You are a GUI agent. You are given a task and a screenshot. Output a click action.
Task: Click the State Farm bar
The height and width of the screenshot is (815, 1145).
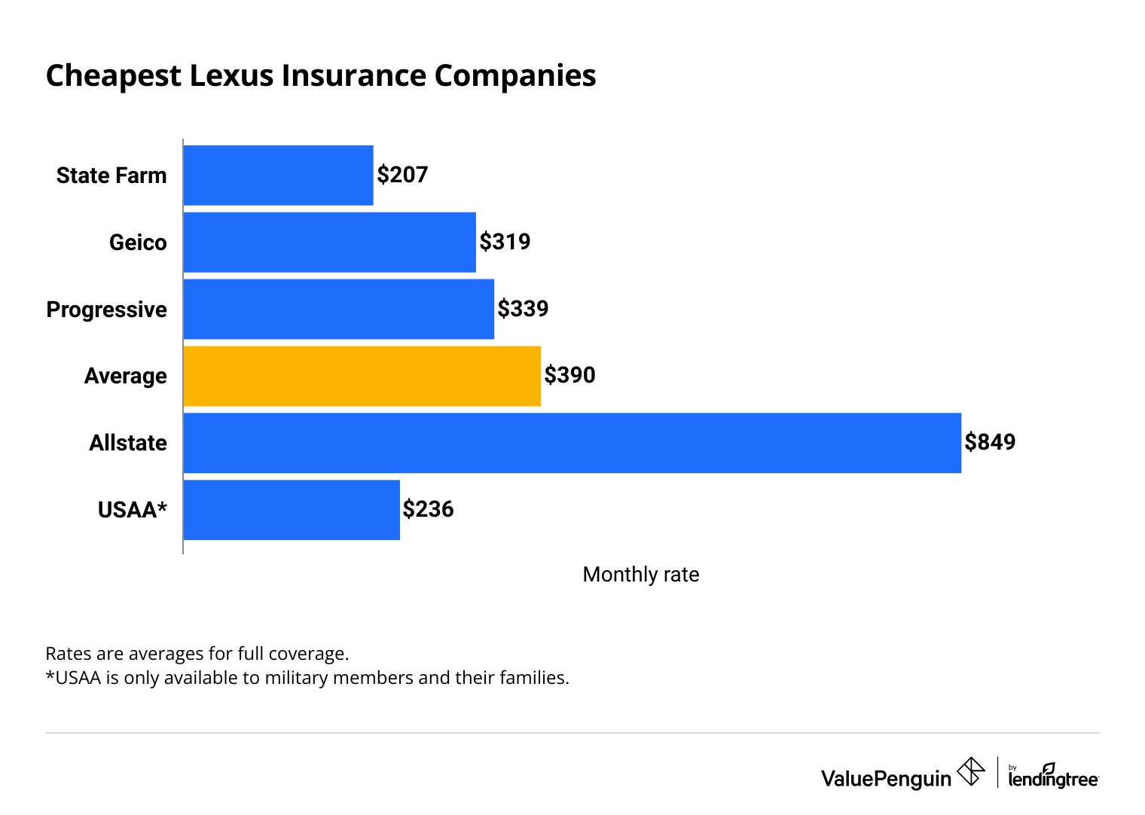[278, 176]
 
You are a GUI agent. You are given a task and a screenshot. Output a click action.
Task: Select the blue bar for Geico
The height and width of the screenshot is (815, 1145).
[329, 243]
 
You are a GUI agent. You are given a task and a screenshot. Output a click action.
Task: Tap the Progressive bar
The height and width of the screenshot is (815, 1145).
[338, 310]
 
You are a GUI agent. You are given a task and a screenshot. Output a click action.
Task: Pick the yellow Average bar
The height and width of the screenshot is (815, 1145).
[362, 376]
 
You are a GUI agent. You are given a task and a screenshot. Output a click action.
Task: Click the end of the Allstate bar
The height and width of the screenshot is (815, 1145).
[954, 443]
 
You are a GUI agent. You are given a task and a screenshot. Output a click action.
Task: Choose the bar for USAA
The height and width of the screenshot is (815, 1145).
[291, 510]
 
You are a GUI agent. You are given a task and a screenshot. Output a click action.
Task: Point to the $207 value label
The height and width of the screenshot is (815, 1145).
[402, 175]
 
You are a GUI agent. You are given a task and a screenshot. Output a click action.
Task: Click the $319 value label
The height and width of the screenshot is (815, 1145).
[505, 242]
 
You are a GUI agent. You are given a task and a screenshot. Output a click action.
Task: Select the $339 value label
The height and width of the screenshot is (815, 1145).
[523, 309]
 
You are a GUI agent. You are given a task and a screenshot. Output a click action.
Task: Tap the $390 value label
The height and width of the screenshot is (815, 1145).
[569, 375]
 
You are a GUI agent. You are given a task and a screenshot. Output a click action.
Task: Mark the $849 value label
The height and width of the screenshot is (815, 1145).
[990, 442]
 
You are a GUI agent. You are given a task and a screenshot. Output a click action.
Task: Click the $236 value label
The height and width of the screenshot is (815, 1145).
[428, 509]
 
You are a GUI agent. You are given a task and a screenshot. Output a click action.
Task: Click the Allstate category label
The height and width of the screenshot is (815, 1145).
[128, 443]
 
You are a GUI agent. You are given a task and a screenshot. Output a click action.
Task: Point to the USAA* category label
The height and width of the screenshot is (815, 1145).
[133, 510]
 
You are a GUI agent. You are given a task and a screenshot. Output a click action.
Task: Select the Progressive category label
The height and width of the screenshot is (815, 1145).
[106, 310]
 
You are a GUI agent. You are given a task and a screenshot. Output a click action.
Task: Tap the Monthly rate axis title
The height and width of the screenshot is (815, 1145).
[640, 575]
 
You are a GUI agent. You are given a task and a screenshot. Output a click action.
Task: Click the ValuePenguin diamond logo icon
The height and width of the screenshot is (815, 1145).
[970, 772]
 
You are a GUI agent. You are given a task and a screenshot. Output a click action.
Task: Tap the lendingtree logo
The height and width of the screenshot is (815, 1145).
[1052, 777]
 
